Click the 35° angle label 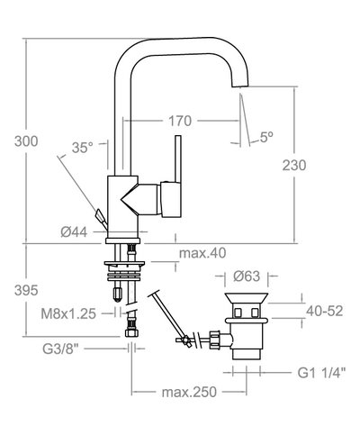coord(83,149)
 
